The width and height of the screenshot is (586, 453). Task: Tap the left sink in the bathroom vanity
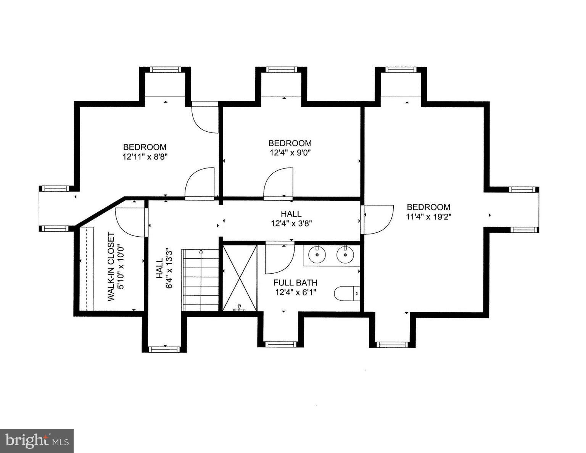click(x=316, y=255)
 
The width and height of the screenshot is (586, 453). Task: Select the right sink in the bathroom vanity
click(x=345, y=255)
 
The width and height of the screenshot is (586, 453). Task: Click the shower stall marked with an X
click(x=240, y=277)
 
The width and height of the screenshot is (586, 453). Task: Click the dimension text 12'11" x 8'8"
click(x=145, y=156)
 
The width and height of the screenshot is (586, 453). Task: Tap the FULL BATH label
click(x=295, y=283)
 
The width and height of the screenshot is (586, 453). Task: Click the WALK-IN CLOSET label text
click(x=111, y=267)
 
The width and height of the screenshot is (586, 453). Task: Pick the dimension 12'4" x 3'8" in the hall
click(x=292, y=224)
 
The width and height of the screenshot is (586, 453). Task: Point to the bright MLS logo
click(x=37, y=441)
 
